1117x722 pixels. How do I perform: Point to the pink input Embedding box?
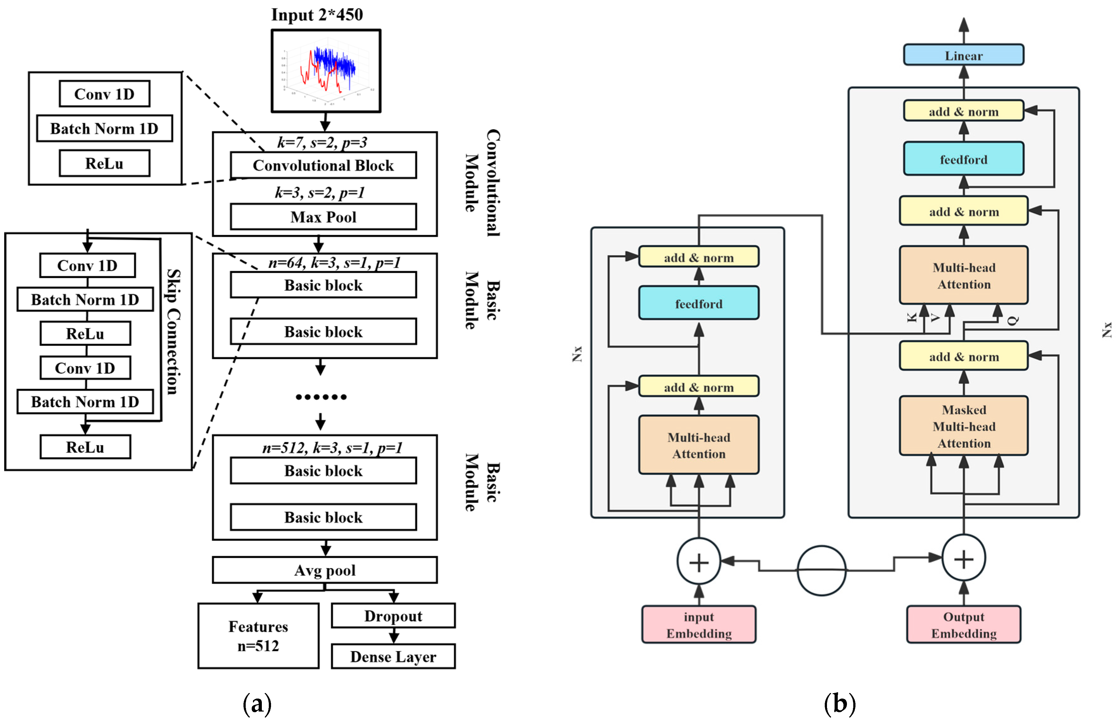click(x=698, y=624)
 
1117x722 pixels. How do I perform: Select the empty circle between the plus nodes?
click(x=821, y=570)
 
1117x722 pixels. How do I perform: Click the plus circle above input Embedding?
click(x=698, y=562)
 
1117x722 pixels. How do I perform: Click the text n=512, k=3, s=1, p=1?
click(x=332, y=448)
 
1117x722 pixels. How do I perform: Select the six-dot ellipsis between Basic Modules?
click(x=321, y=397)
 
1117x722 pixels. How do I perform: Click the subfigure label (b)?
click(x=840, y=703)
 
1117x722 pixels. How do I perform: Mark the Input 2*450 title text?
click(x=317, y=15)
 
